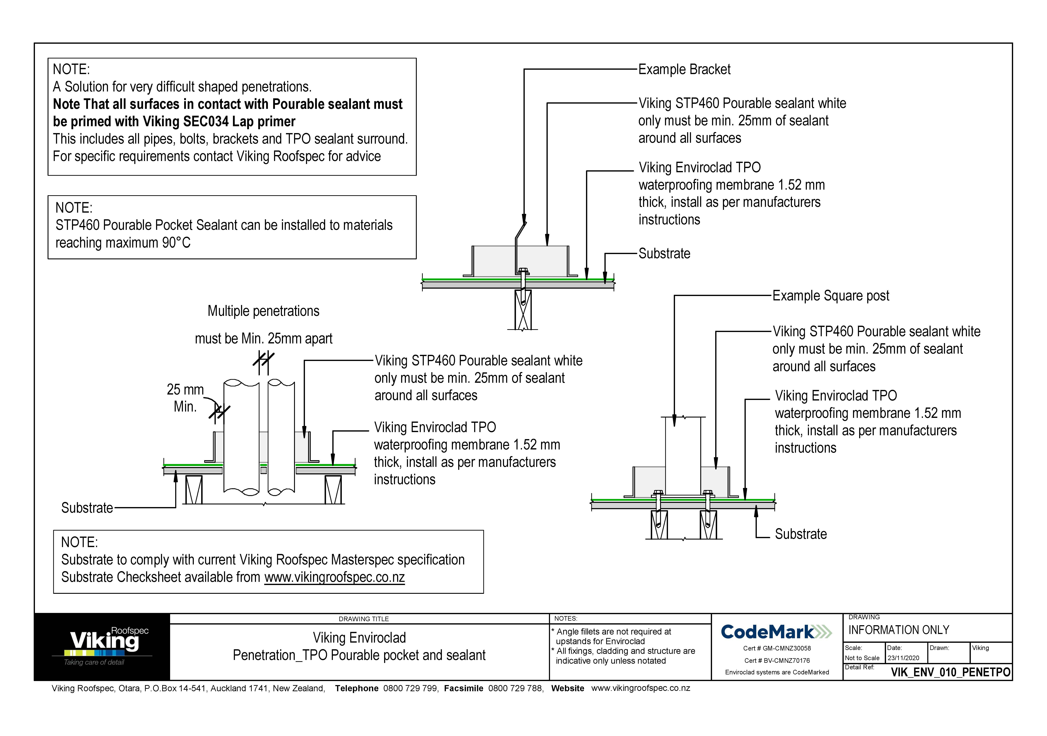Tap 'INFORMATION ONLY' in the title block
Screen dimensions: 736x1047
coord(898,630)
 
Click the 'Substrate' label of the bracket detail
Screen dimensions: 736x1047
coord(664,254)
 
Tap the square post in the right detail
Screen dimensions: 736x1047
coord(683,456)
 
